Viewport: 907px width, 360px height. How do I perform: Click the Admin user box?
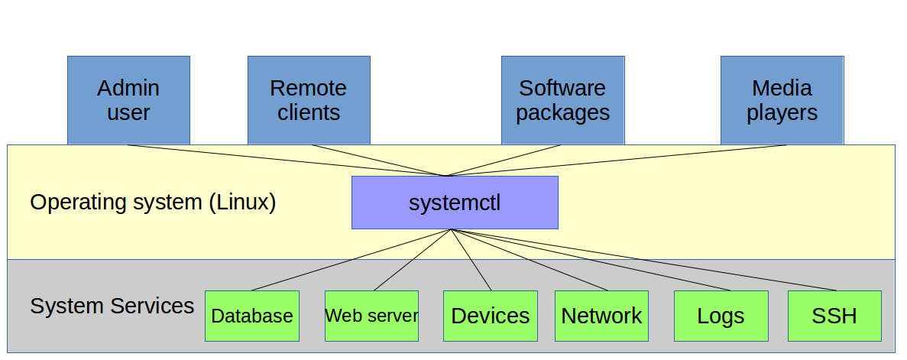click(128, 100)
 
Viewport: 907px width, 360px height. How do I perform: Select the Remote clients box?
click(309, 100)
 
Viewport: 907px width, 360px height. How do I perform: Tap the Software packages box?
click(562, 100)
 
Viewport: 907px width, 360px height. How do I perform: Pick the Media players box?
click(782, 100)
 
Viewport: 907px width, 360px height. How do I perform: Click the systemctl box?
click(455, 203)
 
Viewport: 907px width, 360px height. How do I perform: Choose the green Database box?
click(251, 316)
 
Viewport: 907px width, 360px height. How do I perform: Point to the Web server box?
click(371, 316)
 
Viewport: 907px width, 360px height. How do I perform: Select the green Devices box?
click(490, 316)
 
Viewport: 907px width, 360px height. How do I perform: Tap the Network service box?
click(601, 316)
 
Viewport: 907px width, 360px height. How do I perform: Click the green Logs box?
click(721, 316)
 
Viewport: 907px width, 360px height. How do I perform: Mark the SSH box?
click(834, 316)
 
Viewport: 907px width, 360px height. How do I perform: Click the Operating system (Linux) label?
click(153, 203)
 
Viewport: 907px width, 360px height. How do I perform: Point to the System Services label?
click(112, 306)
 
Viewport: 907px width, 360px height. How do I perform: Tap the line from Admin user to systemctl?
click(287, 161)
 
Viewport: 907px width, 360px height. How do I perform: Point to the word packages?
click(562, 113)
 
